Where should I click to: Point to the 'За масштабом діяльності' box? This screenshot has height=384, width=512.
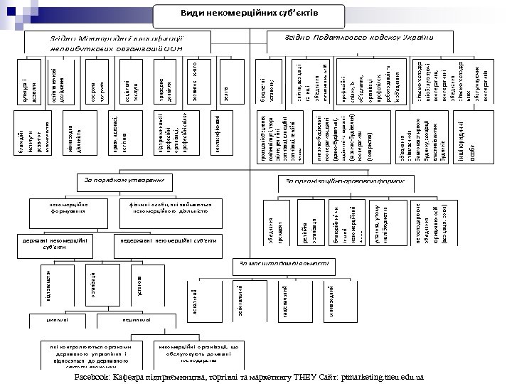tap(285, 264)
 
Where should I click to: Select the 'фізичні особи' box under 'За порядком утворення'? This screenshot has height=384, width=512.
tap(164, 208)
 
